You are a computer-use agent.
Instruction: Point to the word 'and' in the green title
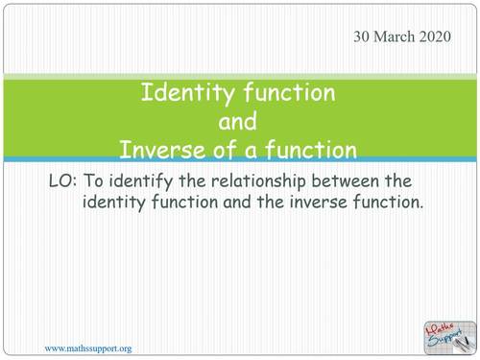pos(237,122)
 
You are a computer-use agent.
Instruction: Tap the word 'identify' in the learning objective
pos(144,180)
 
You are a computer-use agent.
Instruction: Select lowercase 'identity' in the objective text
pos(117,203)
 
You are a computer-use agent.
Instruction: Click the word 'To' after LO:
pos(96,180)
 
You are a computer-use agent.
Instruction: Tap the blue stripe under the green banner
pos(240,159)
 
